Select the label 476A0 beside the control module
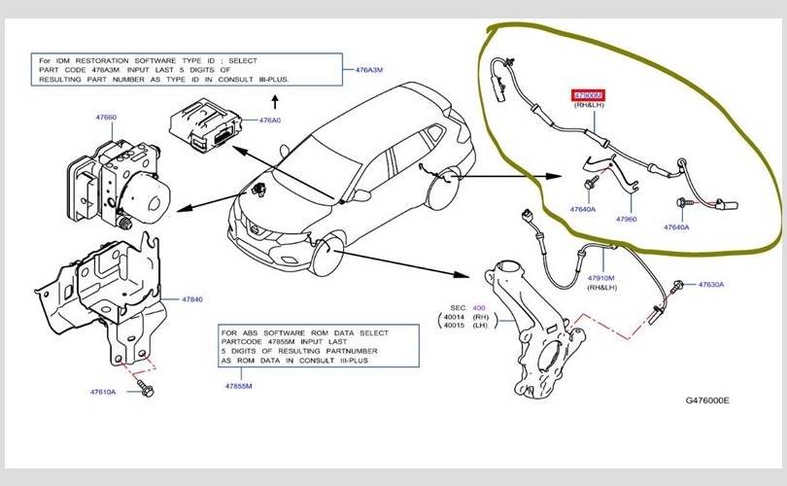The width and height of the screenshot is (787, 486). (269, 121)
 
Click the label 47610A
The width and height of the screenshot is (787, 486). (103, 392)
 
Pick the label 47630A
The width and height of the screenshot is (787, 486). (710, 285)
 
